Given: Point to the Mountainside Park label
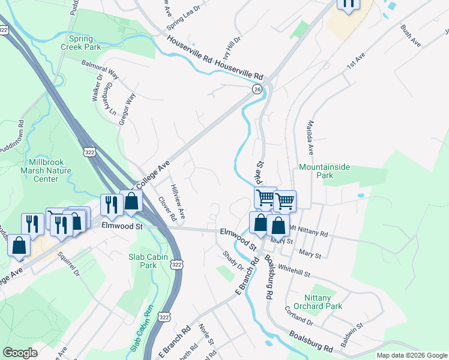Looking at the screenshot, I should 324,171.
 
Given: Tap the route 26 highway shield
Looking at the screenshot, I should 257,89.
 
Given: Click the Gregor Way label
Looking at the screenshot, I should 127,109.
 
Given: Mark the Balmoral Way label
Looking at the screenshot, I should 105,73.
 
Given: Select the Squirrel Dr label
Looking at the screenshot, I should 68,263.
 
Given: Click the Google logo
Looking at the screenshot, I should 20,353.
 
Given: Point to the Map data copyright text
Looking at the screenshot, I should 411,355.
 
